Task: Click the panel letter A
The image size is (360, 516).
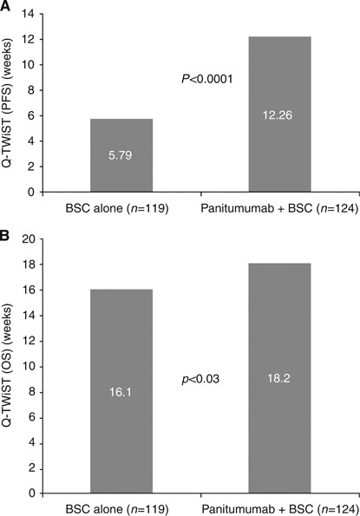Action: [7, 6]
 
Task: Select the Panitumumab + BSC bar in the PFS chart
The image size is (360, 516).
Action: [279, 114]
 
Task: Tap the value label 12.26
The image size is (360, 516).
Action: [279, 113]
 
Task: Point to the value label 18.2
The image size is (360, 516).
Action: [279, 378]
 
